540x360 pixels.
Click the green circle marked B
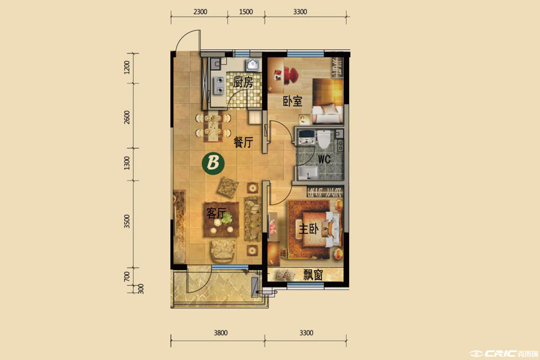213,163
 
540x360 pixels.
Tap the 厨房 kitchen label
243,82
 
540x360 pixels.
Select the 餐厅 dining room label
243,142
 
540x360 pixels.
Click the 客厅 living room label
216,213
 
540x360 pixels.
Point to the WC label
324,159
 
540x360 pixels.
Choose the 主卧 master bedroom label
308,229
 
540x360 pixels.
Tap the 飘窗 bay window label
313,275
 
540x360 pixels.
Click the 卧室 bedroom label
292,101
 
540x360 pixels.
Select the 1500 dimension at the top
245,12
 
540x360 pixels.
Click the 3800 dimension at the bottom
220,333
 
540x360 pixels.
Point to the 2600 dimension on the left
127,117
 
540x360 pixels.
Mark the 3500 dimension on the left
127,221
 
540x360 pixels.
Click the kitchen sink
253,64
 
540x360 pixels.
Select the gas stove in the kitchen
219,85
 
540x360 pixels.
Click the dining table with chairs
213,126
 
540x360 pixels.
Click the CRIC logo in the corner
504,353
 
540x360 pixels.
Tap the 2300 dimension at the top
200,12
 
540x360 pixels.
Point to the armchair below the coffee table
223,251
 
